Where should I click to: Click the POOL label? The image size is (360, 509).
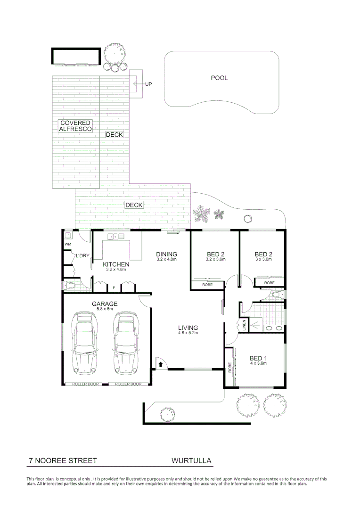click(219, 78)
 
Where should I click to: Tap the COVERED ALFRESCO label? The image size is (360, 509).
click(75, 126)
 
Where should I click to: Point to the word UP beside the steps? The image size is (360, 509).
click(148, 84)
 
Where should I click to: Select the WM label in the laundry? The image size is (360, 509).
click(67, 245)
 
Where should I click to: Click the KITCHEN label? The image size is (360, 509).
click(116, 264)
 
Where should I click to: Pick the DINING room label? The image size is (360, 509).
click(166, 254)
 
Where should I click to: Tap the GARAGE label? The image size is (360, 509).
click(105, 304)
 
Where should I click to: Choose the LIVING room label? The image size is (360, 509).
click(188, 328)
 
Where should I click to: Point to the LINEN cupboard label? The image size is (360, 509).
click(244, 325)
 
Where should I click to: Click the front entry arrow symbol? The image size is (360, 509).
click(161, 363)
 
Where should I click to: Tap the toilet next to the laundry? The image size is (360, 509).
click(71, 285)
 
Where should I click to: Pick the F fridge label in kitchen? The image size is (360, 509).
click(114, 287)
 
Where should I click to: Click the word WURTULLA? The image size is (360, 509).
click(191, 460)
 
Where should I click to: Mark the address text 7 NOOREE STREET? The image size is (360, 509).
click(63, 460)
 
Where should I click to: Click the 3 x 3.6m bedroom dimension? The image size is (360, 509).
click(263, 259)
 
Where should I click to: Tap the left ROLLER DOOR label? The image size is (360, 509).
click(85, 384)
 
